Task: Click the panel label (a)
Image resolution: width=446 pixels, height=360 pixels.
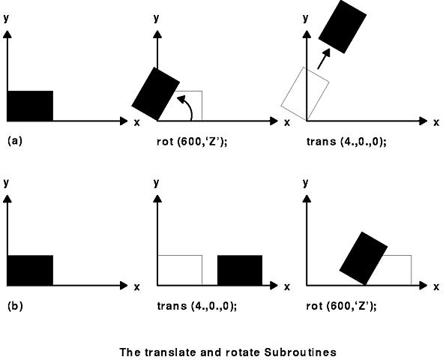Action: (15, 141)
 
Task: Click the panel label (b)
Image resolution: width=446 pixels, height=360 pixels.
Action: (15, 306)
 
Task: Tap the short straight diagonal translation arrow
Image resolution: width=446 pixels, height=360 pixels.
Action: (324, 58)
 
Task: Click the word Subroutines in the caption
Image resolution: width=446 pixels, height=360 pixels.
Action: (301, 352)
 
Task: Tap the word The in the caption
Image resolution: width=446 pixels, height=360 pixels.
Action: (130, 352)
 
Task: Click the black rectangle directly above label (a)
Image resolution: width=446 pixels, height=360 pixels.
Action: (30, 106)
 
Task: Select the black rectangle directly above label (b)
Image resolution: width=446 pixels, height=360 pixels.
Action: (30, 270)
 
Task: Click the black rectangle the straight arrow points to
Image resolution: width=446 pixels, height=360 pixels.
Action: (343, 26)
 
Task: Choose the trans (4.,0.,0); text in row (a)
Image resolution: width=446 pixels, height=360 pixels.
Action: (346, 142)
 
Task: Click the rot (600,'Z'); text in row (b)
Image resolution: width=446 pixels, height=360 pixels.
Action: (341, 306)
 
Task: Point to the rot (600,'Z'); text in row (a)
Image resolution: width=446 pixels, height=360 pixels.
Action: (192, 142)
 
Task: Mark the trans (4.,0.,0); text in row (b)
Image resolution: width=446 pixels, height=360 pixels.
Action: (197, 306)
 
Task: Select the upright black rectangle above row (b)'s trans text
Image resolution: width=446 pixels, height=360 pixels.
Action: (240, 270)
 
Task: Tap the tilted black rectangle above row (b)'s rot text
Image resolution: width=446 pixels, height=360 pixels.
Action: (364, 258)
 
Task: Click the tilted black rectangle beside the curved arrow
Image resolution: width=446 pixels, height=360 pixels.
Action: (156, 94)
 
